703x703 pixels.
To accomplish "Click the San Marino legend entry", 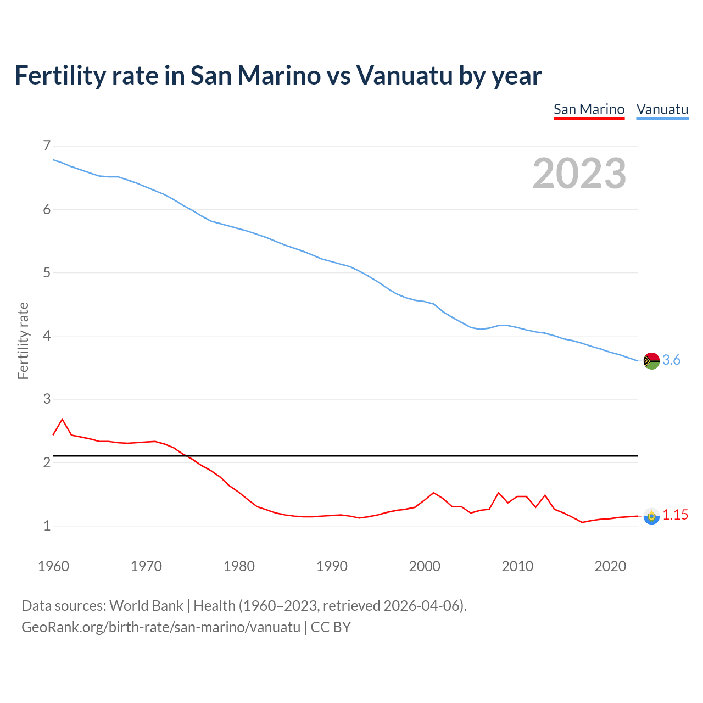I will tap(589, 109).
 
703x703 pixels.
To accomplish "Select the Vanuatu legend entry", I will tap(662, 109).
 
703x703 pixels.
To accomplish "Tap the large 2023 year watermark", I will tap(579, 174).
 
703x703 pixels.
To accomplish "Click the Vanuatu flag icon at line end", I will tap(651, 361).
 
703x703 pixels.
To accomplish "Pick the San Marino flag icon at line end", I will tap(651, 516).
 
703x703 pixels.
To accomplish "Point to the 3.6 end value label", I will tap(671, 360).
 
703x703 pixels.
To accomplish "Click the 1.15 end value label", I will tap(675, 515).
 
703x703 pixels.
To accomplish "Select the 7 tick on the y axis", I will tap(46, 146).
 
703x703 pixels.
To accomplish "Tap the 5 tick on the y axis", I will tap(46, 272).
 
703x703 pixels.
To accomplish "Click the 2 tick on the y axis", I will tap(46, 462).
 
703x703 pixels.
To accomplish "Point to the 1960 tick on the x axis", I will tap(53, 566).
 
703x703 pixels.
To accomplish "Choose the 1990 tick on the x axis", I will tap(332, 566).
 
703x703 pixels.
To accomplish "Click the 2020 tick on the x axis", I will tap(610, 566).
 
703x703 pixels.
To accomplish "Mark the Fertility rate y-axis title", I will tap(23, 341).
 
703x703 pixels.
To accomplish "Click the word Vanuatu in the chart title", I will tap(404, 75).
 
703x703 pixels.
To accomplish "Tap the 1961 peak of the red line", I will tap(62, 420).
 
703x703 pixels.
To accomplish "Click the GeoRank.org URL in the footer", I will tap(161, 627).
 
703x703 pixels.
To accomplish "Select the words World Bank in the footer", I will tap(146, 606).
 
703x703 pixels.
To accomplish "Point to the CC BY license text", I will tap(331, 627).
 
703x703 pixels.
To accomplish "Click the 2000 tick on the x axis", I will tap(425, 566).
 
